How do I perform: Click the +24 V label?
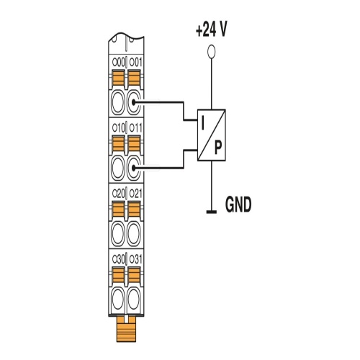tap(211, 30)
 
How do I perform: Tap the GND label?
tap(238, 204)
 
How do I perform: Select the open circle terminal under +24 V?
tap(211, 51)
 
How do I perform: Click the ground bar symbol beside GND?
tap(212, 212)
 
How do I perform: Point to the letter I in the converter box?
tap(203, 124)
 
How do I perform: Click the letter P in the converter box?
tap(218, 148)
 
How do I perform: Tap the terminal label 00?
tap(119, 63)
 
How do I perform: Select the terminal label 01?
tap(135, 63)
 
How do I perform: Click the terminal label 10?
tap(119, 128)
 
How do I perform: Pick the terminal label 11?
tap(135, 128)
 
